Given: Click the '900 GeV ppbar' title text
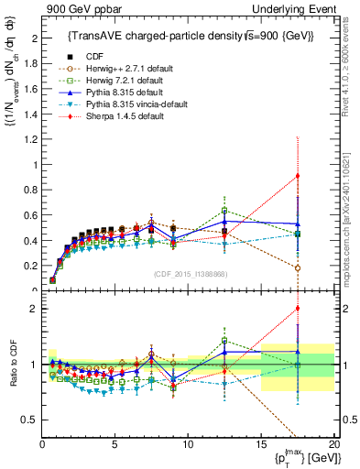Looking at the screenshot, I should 78,8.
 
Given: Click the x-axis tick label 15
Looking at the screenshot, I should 261,445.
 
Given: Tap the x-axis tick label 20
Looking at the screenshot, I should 333,445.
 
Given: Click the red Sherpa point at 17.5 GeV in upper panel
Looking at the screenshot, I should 298,176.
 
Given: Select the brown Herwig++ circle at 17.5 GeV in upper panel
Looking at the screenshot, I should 298,267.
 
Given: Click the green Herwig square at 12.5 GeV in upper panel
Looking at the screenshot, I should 224,211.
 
